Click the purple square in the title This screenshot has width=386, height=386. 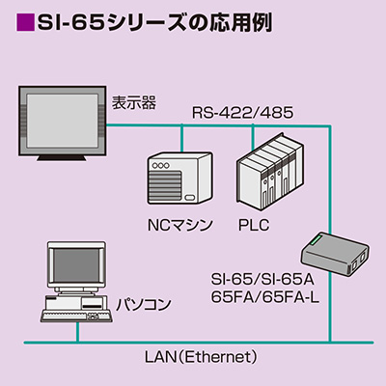[x=25, y=22]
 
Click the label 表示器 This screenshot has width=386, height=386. [x=134, y=102]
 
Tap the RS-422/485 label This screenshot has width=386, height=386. [x=242, y=113]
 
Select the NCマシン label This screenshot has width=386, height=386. [x=179, y=225]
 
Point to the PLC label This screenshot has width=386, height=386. [x=254, y=225]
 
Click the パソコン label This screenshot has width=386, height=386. [x=144, y=304]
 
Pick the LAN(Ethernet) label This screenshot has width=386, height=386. [x=202, y=357]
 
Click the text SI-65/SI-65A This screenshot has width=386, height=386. [x=262, y=279]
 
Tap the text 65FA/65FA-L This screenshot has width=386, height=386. [x=265, y=298]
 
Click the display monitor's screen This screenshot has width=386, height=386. [x=62, y=121]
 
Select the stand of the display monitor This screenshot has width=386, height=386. [x=62, y=157]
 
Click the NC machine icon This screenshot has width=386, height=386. [x=179, y=178]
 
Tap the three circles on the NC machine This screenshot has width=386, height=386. [x=160, y=166]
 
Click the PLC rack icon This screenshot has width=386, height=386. [x=270, y=171]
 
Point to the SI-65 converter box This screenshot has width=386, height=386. [x=335, y=254]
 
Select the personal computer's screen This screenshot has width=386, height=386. [x=76, y=264]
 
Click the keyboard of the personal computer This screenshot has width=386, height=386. [x=77, y=317]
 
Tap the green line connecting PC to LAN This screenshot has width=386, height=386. [x=77, y=332]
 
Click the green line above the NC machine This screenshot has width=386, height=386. [x=181, y=138]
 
